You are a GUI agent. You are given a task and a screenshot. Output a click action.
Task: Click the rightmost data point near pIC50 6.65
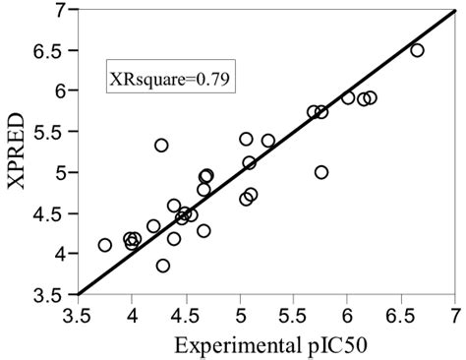(x=417, y=50)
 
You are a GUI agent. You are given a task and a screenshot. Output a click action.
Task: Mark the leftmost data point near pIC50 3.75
(x=105, y=245)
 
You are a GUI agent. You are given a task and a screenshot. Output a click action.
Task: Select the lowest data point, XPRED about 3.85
(x=163, y=266)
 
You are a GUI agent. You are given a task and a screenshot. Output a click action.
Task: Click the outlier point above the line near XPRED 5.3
(x=161, y=146)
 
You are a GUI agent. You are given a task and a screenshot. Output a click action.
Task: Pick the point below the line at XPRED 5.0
(x=321, y=172)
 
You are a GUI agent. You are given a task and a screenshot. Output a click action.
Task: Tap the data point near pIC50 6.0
(x=348, y=97)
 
